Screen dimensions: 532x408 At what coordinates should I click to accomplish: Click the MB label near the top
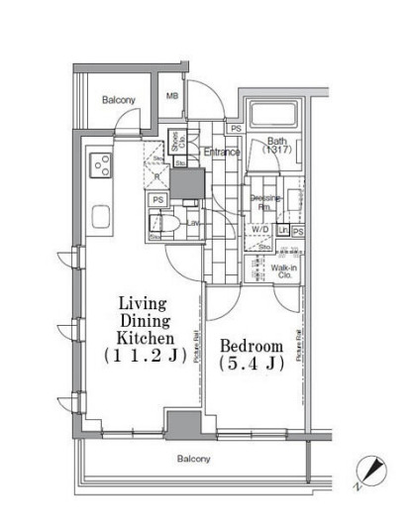tap(172, 96)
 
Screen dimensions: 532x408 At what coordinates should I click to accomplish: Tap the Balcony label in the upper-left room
tap(119, 100)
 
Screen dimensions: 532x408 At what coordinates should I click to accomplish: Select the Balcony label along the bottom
tap(193, 459)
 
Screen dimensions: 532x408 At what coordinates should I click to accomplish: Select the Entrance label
tap(222, 152)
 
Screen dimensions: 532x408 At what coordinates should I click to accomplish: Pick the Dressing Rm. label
tap(265, 202)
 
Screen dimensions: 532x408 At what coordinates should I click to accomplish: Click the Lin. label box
tap(282, 230)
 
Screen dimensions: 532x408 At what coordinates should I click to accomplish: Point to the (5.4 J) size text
tap(252, 365)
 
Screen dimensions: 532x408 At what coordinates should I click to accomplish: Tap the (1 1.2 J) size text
tap(142, 354)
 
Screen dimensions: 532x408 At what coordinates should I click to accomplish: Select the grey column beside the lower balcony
tap(183, 423)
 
